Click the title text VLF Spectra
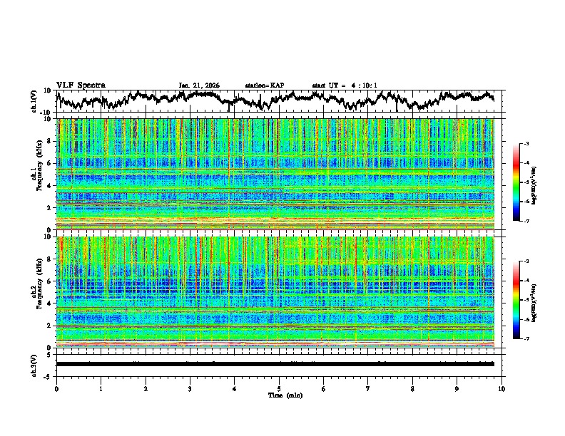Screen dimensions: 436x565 [x=81, y=85]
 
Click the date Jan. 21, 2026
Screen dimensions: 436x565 [x=199, y=85]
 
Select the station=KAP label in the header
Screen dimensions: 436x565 [x=265, y=85]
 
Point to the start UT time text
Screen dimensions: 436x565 [x=345, y=85]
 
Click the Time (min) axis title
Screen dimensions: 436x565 [x=279, y=395]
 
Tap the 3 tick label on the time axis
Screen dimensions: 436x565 [x=190, y=389]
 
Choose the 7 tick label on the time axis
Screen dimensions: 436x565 [x=368, y=389]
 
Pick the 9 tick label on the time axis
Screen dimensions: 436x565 [x=457, y=389]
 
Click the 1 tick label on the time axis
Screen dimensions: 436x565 [x=101, y=389]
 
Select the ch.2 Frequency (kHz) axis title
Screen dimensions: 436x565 [x=35, y=291]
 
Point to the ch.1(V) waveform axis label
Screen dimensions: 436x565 [x=35, y=101]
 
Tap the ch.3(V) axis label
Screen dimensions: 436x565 [x=35, y=364]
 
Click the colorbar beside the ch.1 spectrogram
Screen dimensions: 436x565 [x=517, y=182]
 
